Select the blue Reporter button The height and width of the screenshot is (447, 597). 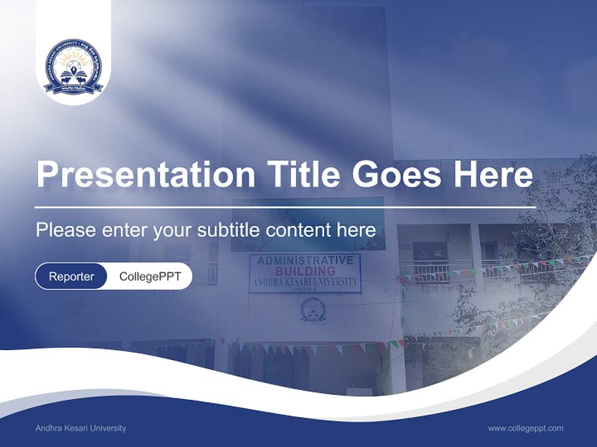(x=72, y=276)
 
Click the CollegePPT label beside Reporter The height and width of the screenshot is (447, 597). (x=150, y=276)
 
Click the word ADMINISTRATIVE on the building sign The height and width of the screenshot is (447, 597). (x=305, y=260)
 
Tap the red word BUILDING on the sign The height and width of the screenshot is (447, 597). (x=305, y=271)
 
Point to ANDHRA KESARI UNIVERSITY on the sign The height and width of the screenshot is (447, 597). (x=305, y=282)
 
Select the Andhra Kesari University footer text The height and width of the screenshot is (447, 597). (x=81, y=428)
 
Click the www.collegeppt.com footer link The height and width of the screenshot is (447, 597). (x=525, y=428)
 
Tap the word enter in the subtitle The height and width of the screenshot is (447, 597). (x=126, y=230)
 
